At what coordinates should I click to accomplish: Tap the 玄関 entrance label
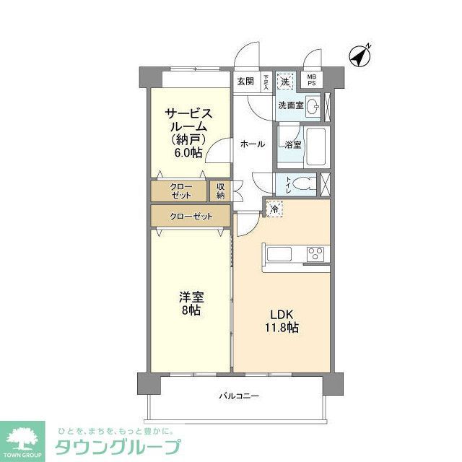(x=245, y=81)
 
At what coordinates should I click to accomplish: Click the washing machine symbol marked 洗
(x=286, y=81)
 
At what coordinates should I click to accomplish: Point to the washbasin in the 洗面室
(x=313, y=108)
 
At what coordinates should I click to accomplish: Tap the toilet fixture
(x=306, y=183)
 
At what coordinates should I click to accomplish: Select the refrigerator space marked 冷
(x=275, y=209)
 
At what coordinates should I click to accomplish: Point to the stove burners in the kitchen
(x=316, y=253)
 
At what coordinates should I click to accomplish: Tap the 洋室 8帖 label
(x=191, y=303)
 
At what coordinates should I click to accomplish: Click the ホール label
(x=252, y=144)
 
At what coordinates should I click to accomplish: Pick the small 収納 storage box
(x=219, y=191)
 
